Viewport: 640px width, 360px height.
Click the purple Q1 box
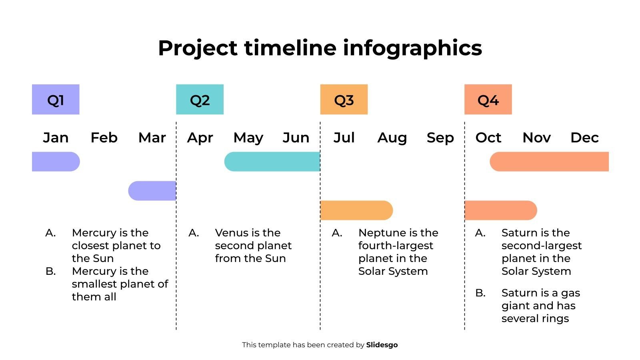tap(56, 99)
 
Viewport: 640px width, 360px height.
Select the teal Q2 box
tap(200, 99)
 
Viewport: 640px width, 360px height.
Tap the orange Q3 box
tap(344, 99)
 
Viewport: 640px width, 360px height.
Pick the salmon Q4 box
tap(488, 99)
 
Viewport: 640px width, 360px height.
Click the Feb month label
tap(104, 138)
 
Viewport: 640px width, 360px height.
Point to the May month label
tap(248, 138)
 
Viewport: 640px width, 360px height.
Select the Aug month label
tap(392, 138)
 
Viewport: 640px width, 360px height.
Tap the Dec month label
tap(584, 138)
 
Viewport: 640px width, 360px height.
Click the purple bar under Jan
tap(56, 162)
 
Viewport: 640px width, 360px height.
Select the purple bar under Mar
tap(152, 191)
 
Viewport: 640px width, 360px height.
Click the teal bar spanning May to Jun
tap(272, 162)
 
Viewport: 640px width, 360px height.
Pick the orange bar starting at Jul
tap(356, 210)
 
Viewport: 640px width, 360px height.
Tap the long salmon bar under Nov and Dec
tap(549, 162)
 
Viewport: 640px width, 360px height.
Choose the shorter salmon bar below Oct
tap(500, 210)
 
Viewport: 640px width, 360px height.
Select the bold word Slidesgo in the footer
tap(382, 345)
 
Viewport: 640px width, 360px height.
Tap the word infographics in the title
tap(412, 48)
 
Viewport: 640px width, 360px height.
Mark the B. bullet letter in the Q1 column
tap(50, 271)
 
